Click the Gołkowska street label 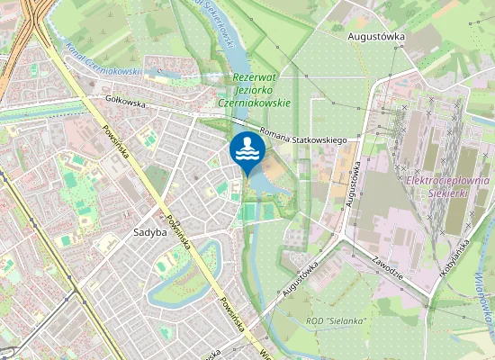pyautogui.click(x=125, y=103)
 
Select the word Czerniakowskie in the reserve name pyautogui.click(x=255, y=103)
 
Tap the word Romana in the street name pyautogui.click(x=274, y=136)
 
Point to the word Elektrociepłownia pyautogui.click(x=447, y=181)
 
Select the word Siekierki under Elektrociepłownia pyautogui.click(x=447, y=193)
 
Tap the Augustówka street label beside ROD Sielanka pyautogui.click(x=301, y=279)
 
